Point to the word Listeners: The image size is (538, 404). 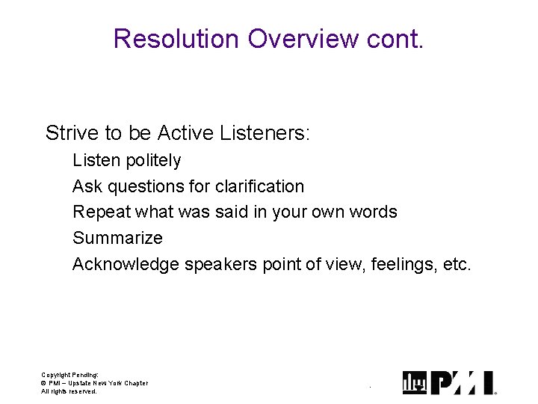[x=265, y=134]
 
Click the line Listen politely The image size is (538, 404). [x=127, y=161]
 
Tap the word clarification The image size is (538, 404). [x=259, y=186]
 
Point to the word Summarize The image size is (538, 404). [x=117, y=238]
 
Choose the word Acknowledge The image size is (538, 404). [x=126, y=264]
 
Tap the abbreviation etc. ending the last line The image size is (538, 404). [x=456, y=264]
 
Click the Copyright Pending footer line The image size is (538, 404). [x=69, y=374]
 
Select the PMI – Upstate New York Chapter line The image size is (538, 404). [x=94, y=383]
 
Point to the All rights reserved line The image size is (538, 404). [x=69, y=391]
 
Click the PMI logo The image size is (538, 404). [x=448, y=382]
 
